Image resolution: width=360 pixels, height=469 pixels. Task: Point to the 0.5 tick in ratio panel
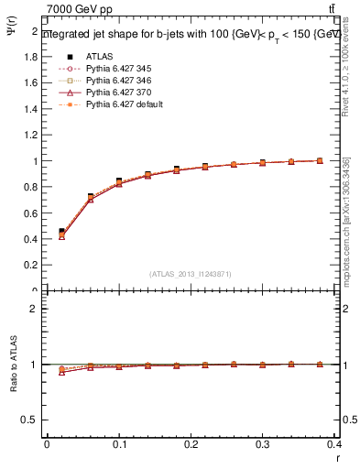tap(31, 420)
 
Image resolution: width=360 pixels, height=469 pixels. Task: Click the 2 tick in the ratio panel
tap(35, 309)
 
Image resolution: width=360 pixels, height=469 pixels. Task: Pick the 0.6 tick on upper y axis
tap(33, 213)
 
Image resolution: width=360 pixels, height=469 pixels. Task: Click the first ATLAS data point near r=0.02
tap(61, 232)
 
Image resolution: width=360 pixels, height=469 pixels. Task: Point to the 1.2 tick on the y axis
tap(33, 135)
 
